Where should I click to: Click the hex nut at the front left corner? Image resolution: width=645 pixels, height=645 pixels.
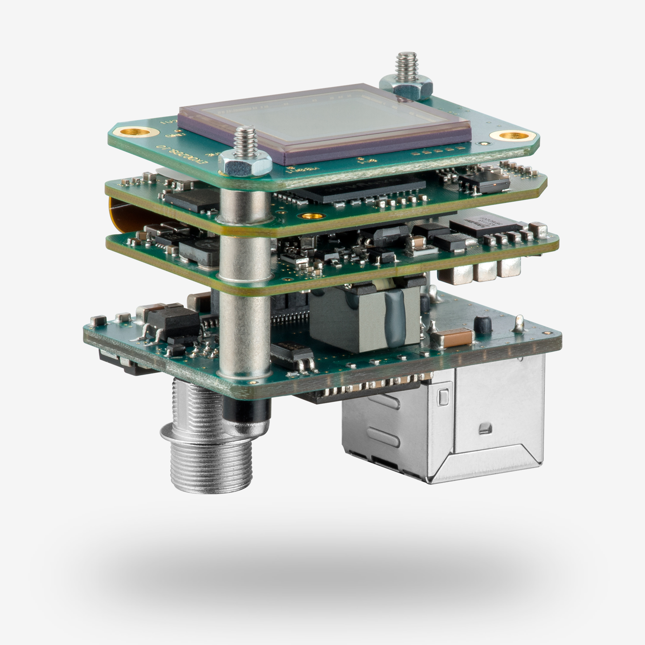(x=245, y=161)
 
